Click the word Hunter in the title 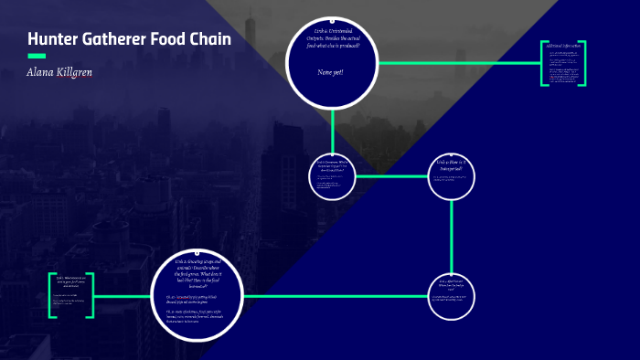pos(54,39)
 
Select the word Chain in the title pos(210,39)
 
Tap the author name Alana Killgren pos(59,72)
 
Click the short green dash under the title pos(37,56)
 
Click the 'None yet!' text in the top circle pos(330,72)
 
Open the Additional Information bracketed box pos(563,63)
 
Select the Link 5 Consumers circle pos(332,175)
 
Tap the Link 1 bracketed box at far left pos(72,295)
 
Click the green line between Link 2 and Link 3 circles pos(335,296)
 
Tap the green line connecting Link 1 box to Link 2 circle pos(123,296)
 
